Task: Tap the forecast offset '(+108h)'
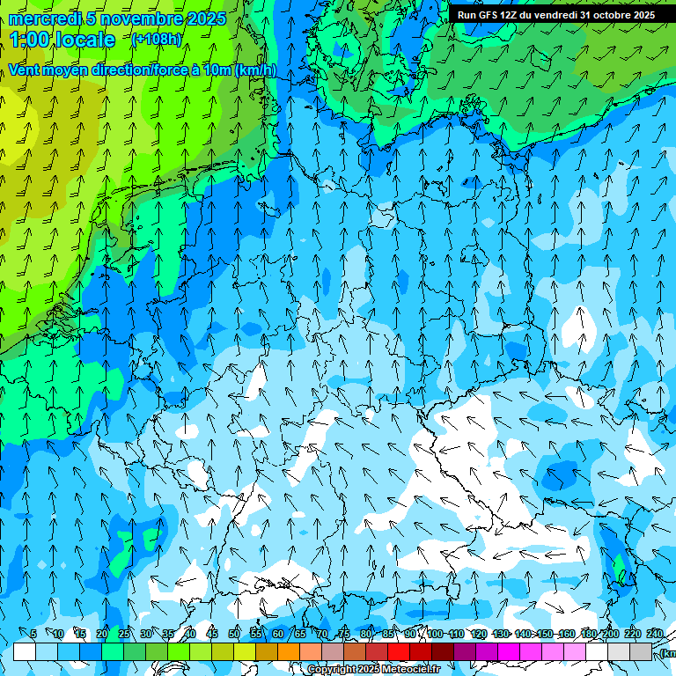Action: pos(157,39)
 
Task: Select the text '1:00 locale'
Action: pos(62,40)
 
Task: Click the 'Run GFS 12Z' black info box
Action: pos(555,15)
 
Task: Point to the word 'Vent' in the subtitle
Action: pos(26,70)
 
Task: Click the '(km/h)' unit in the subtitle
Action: pos(255,70)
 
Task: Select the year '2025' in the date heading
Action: pos(205,18)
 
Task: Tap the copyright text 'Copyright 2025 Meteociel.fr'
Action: pos(373,670)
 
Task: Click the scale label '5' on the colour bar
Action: pos(33,634)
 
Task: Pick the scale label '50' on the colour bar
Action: pos(234,634)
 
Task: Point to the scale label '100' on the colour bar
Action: pos(435,634)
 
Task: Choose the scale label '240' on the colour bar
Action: pos(655,634)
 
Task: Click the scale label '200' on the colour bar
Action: pos(611,634)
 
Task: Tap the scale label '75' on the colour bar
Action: pos(344,634)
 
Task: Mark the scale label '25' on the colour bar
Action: pos(124,634)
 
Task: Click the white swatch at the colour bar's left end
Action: pos(25,652)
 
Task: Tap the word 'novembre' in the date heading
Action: pos(136,18)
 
